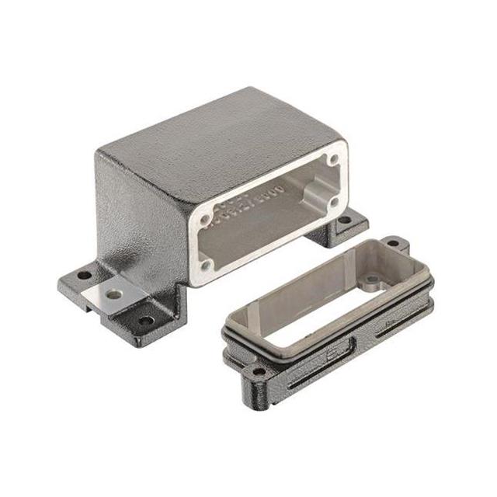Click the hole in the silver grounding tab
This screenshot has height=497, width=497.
click(x=115, y=294)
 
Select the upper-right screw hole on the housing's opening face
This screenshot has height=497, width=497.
click(x=332, y=160)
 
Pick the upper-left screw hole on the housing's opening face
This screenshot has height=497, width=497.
click(x=205, y=220)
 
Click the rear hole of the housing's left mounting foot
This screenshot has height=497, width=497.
click(x=80, y=276)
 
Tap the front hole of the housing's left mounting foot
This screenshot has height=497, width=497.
click(x=144, y=318)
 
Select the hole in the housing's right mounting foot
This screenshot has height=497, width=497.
click(x=342, y=220)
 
